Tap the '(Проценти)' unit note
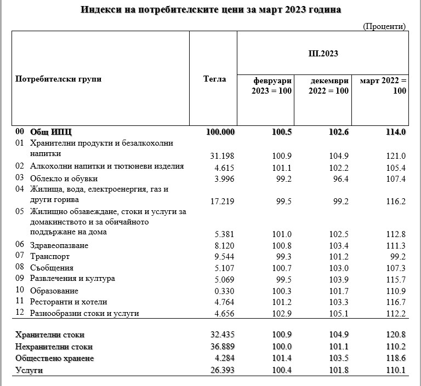tap(384, 26)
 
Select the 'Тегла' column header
tap(214, 79)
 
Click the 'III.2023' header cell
tap(323, 54)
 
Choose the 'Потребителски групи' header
tap(59, 79)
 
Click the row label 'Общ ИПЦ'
tap(51, 132)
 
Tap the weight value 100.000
tap(220, 132)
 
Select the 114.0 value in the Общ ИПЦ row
tap(396, 132)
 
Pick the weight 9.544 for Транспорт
tap(223, 256)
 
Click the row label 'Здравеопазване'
tap(60, 245)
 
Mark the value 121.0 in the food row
tap(396, 155)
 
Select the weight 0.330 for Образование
tap(223, 291)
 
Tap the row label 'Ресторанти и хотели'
tap(69, 302)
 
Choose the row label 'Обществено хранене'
tap(55, 358)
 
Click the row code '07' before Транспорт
tap(20, 256)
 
